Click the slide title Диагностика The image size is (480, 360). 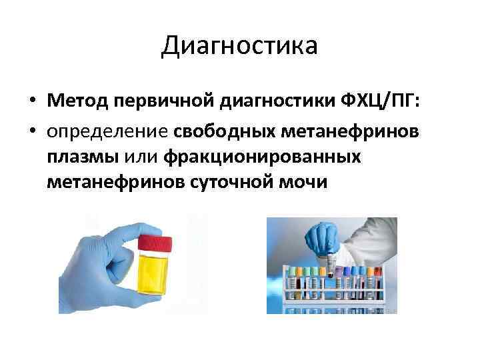[x=240, y=47]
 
